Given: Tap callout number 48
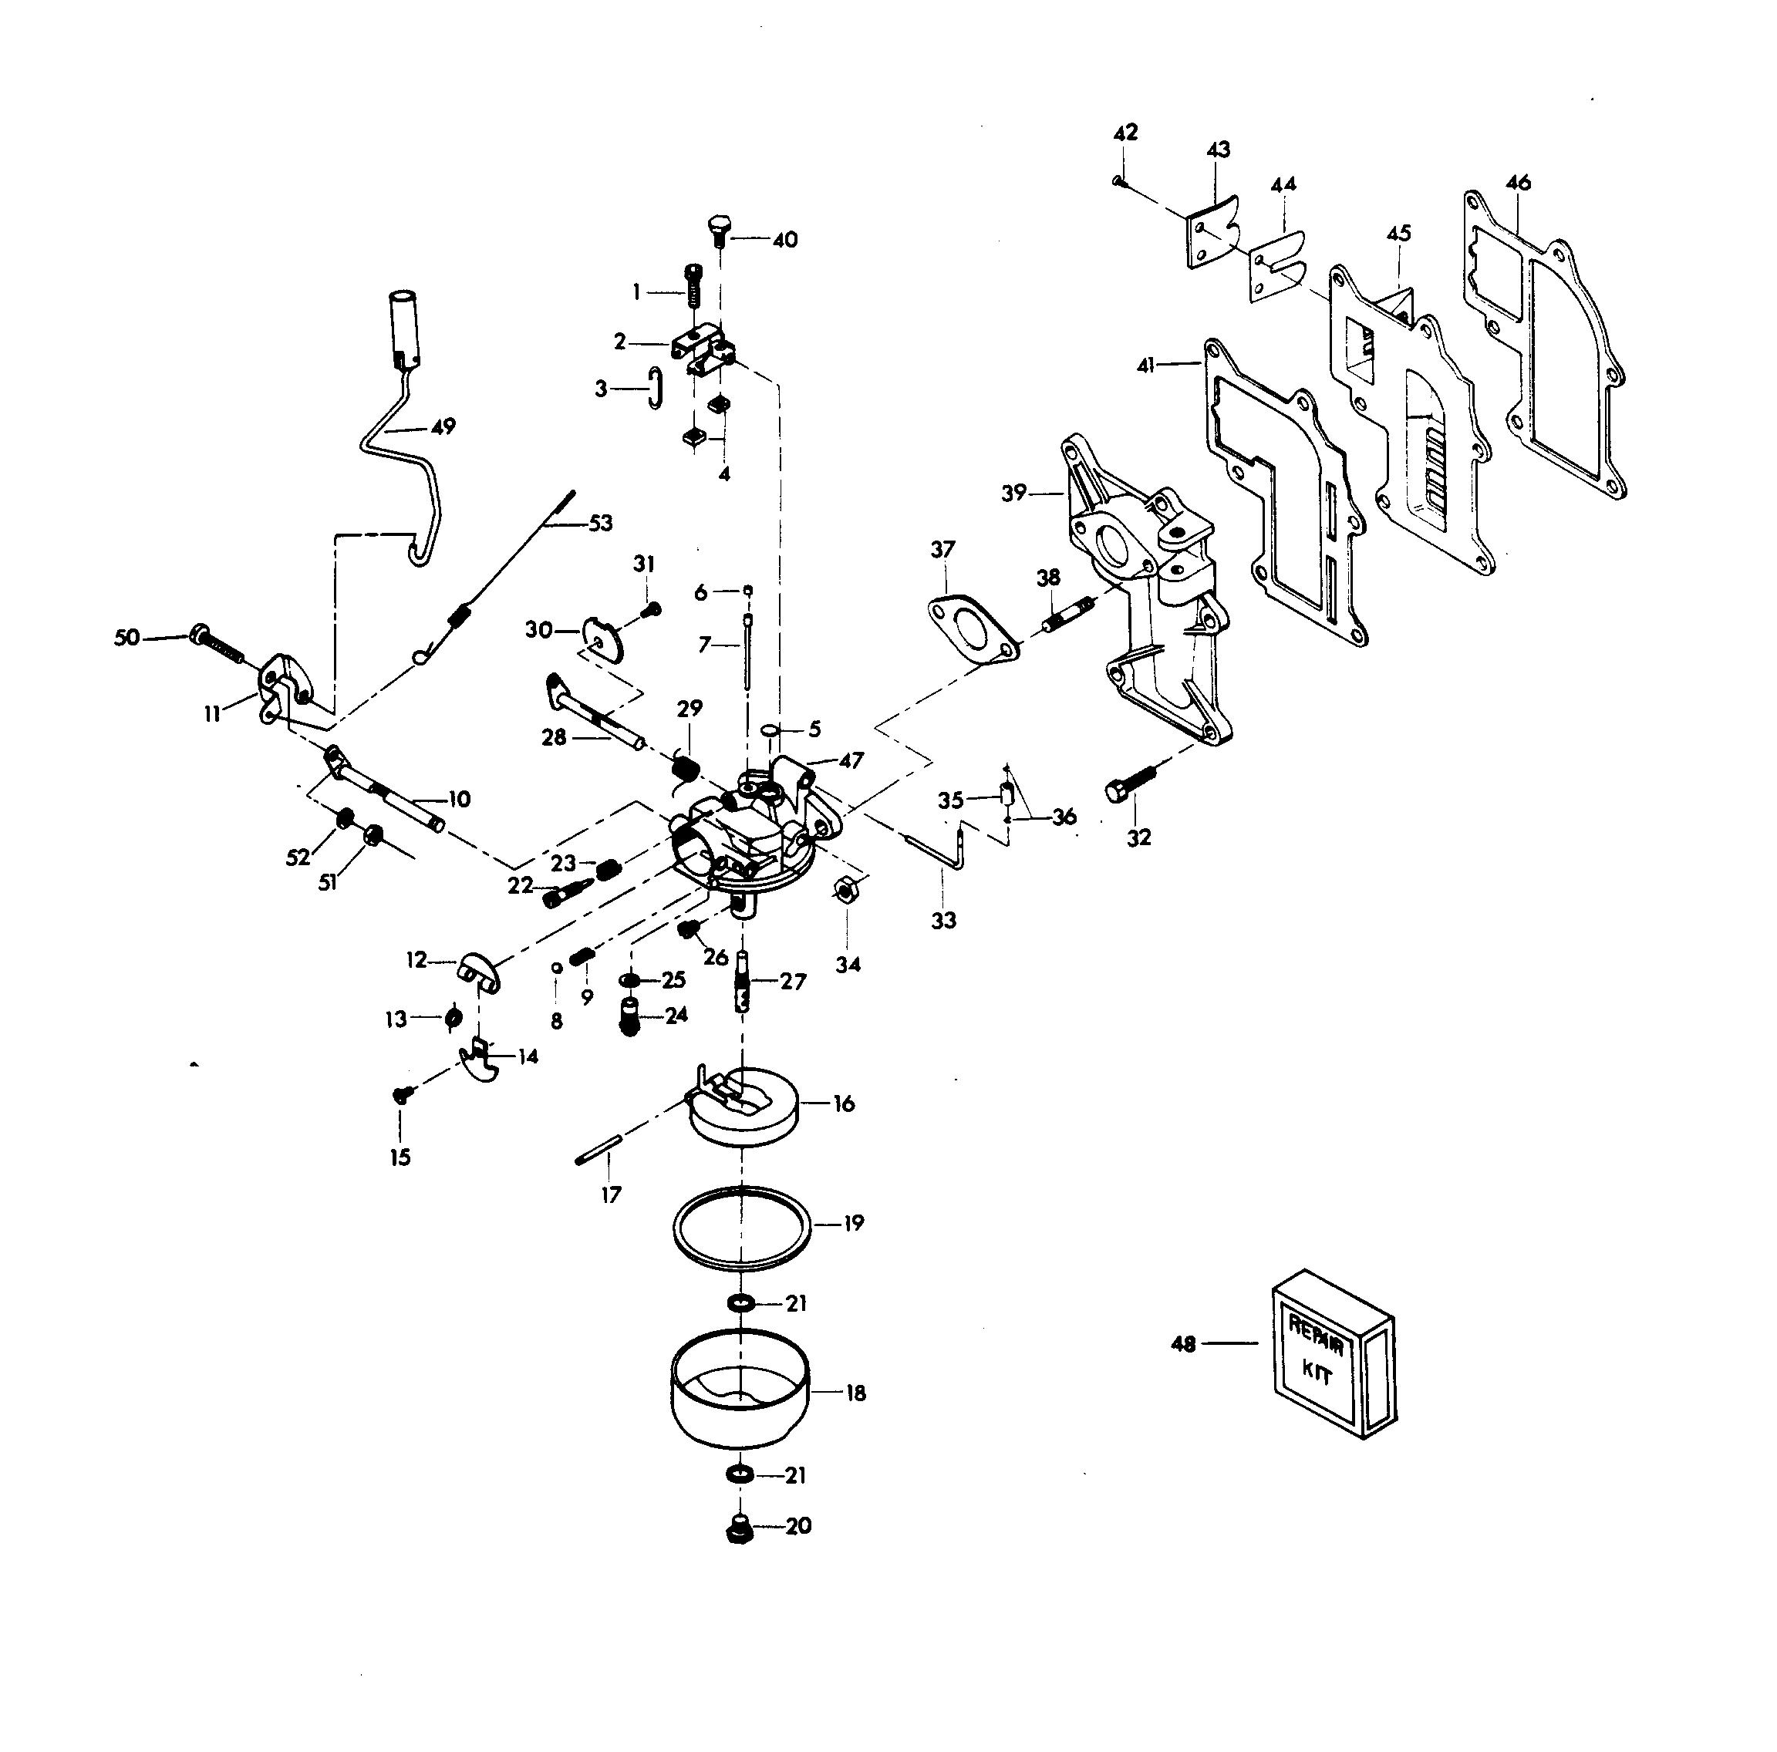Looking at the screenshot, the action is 1183,1345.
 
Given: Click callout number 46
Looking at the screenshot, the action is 1519,182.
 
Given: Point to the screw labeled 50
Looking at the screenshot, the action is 217,644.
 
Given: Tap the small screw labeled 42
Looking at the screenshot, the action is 1118,181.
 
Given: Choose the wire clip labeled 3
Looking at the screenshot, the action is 654,387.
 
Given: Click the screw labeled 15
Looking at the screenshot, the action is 402,1094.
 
